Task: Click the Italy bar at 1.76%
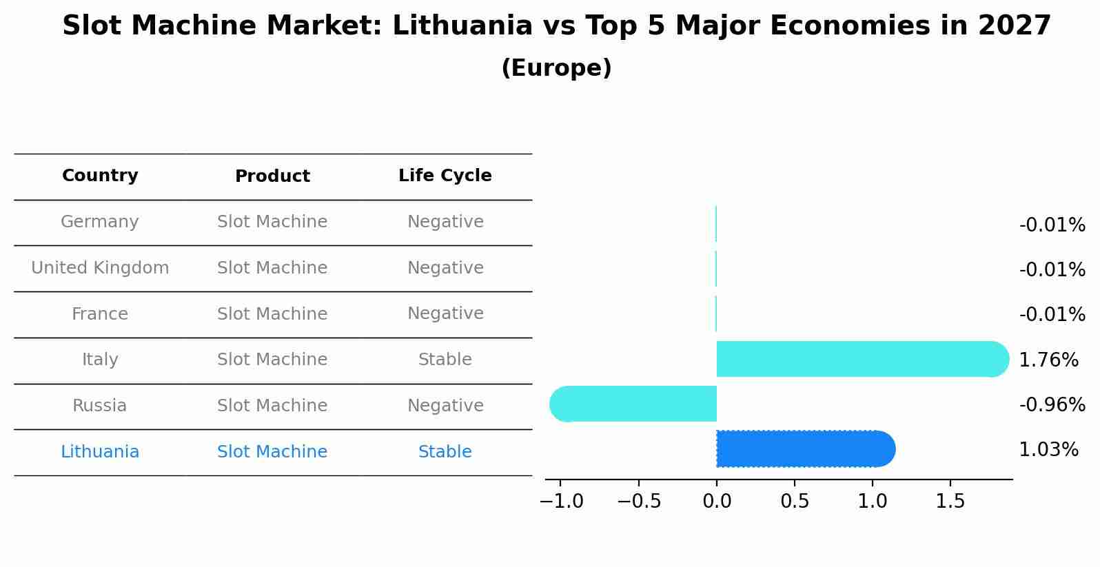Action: (x=862, y=359)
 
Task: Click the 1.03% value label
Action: (x=1048, y=450)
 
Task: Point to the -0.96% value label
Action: (x=1052, y=405)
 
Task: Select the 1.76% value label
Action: (x=1048, y=360)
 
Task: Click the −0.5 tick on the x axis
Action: (x=639, y=502)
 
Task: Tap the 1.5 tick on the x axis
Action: (x=950, y=502)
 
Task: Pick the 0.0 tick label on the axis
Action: (x=717, y=502)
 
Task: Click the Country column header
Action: (x=100, y=176)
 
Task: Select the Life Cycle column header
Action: (x=445, y=176)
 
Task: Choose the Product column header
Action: (x=272, y=176)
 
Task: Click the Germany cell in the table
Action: (x=100, y=222)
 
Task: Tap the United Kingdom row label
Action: (x=100, y=268)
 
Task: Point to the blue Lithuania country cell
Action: (x=100, y=452)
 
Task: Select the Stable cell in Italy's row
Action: (x=445, y=360)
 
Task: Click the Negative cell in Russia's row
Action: (x=445, y=406)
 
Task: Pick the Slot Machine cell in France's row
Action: (x=272, y=314)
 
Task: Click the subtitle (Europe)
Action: (x=556, y=68)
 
